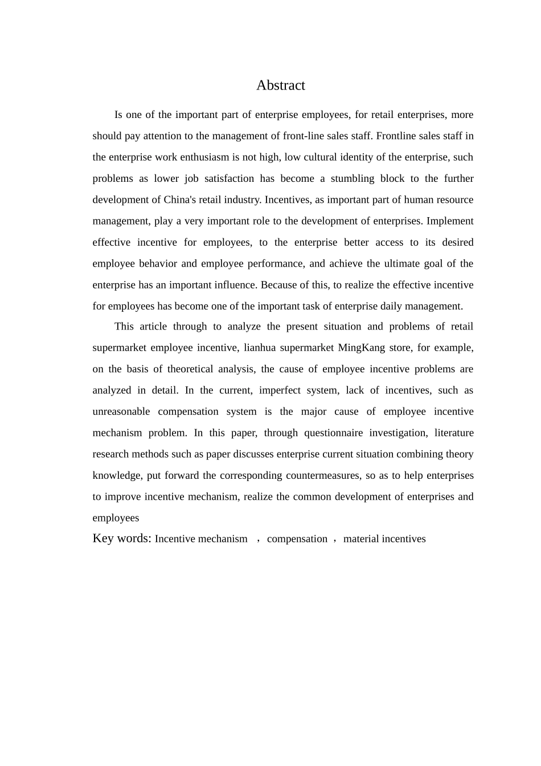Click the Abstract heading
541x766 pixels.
point(280,85)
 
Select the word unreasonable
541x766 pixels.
point(121,411)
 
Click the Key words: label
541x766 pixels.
point(122,539)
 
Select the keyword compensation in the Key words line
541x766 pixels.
point(297,539)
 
